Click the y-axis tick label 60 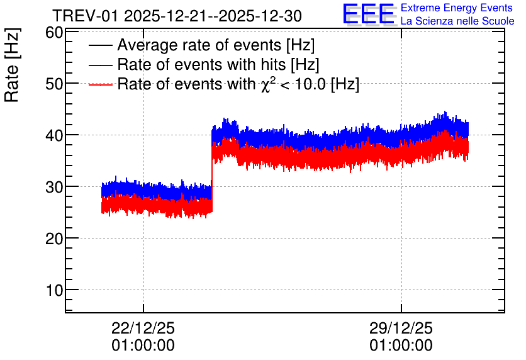pos(54,33)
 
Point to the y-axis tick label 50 pos(54,84)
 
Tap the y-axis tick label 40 pos(54,135)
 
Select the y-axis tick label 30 pos(54,187)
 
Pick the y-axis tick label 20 pos(54,239)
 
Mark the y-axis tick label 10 pos(54,290)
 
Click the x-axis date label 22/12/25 pos(143,328)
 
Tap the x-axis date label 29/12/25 pos(401,328)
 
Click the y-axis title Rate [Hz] pos(12,65)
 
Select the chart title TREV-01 pos(86,16)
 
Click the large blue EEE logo pos(368,14)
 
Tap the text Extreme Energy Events pos(457,8)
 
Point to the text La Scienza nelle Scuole pos(457,21)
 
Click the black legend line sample pos(100,45)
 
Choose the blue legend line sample pos(100,65)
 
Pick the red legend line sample pos(100,84)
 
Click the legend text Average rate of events pos(199,45)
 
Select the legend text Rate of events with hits pos(201,64)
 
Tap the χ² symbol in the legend pos(266,84)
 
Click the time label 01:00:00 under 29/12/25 pos(401,346)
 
